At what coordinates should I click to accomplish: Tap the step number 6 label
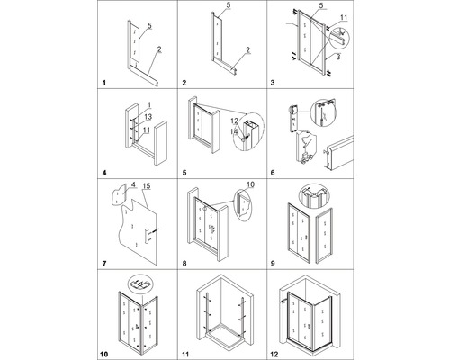(x=280, y=171)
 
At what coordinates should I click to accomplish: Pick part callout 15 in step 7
(x=148, y=186)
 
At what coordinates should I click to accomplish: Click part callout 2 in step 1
(x=158, y=49)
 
